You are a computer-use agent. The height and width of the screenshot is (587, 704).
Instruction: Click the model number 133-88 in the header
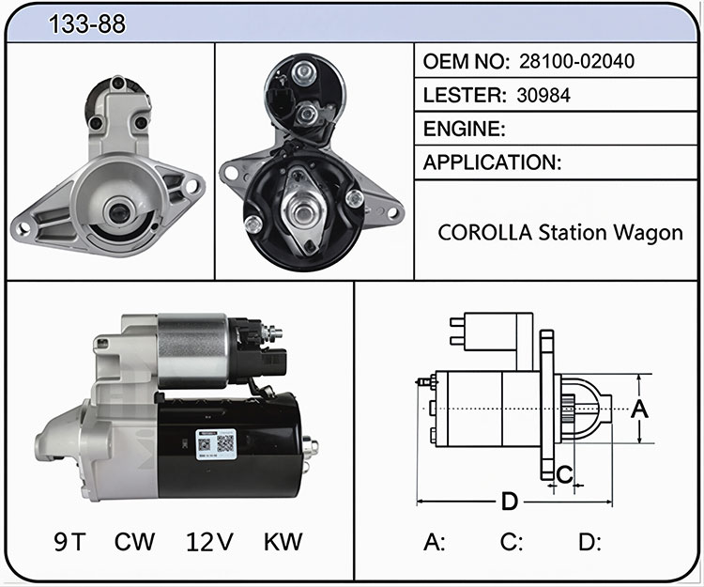pos(87,23)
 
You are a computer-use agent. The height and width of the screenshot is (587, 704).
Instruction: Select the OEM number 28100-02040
pos(576,61)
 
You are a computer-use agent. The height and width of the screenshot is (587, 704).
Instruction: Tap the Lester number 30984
pos(543,95)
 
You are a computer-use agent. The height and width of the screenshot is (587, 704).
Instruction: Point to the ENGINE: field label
pos(465,129)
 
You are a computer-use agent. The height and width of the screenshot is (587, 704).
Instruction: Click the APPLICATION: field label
pos(492,162)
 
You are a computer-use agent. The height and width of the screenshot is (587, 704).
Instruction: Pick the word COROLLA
pos(485,233)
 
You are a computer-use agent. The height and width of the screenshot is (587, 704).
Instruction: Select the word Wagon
pos(648,234)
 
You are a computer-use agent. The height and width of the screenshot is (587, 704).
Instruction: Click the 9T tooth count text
pos(69,542)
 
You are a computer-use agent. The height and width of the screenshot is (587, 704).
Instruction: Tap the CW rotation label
pos(134,542)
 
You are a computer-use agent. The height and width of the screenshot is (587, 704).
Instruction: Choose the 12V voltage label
pos(209,542)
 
